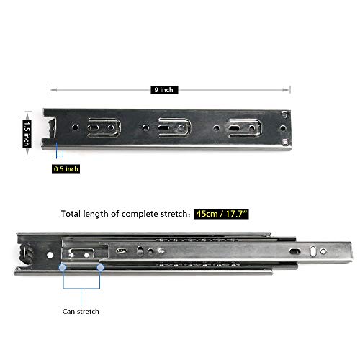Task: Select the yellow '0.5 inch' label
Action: pos(66,168)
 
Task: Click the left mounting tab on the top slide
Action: pos(101,127)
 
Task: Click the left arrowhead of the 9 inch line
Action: pos(50,89)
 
